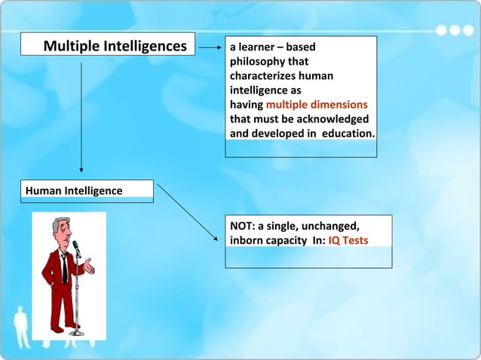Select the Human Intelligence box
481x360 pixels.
(x=90, y=191)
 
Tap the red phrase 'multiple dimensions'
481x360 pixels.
(x=317, y=105)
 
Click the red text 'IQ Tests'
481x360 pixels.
(x=349, y=241)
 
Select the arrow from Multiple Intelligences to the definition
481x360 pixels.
(x=210, y=47)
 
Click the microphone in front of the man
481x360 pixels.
(x=75, y=248)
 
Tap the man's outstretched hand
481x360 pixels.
(x=90, y=265)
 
